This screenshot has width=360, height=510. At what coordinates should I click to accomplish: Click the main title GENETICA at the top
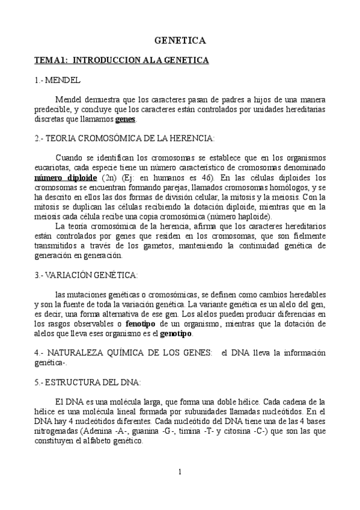[x=180, y=41]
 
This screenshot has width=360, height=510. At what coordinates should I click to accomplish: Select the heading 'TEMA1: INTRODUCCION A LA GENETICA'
[x=121, y=61]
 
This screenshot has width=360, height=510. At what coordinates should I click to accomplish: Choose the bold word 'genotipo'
[x=177, y=334]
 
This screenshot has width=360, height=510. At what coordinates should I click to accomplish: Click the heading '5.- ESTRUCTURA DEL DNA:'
[x=88, y=382]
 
